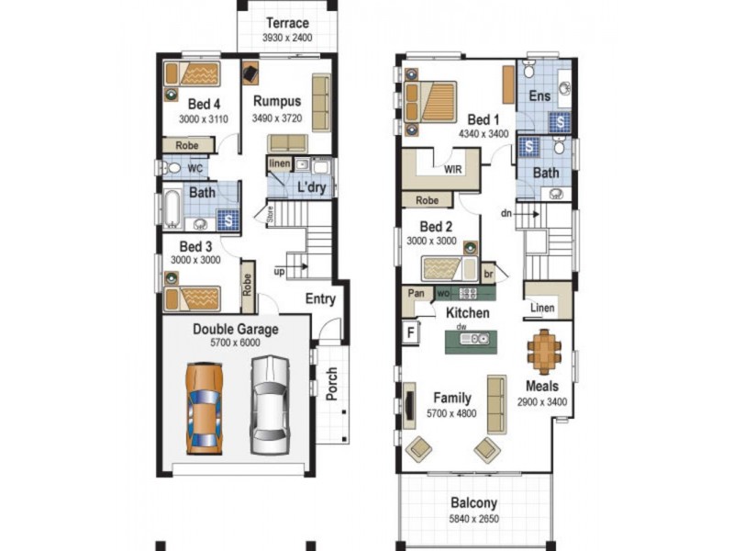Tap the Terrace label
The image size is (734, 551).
click(286, 24)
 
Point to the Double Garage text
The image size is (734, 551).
click(235, 329)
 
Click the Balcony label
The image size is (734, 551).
click(474, 502)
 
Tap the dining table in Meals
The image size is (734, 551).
click(543, 349)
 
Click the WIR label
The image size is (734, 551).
click(452, 170)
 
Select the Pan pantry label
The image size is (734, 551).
click(415, 294)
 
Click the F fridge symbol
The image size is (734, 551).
click(408, 333)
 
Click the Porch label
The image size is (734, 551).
click(331, 385)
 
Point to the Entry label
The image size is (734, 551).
click(320, 299)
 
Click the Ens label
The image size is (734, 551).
click(539, 96)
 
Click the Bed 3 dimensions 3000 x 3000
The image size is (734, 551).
click(195, 261)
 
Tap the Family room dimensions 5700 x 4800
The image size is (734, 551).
click(452, 413)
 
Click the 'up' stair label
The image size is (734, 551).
click(278, 273)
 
